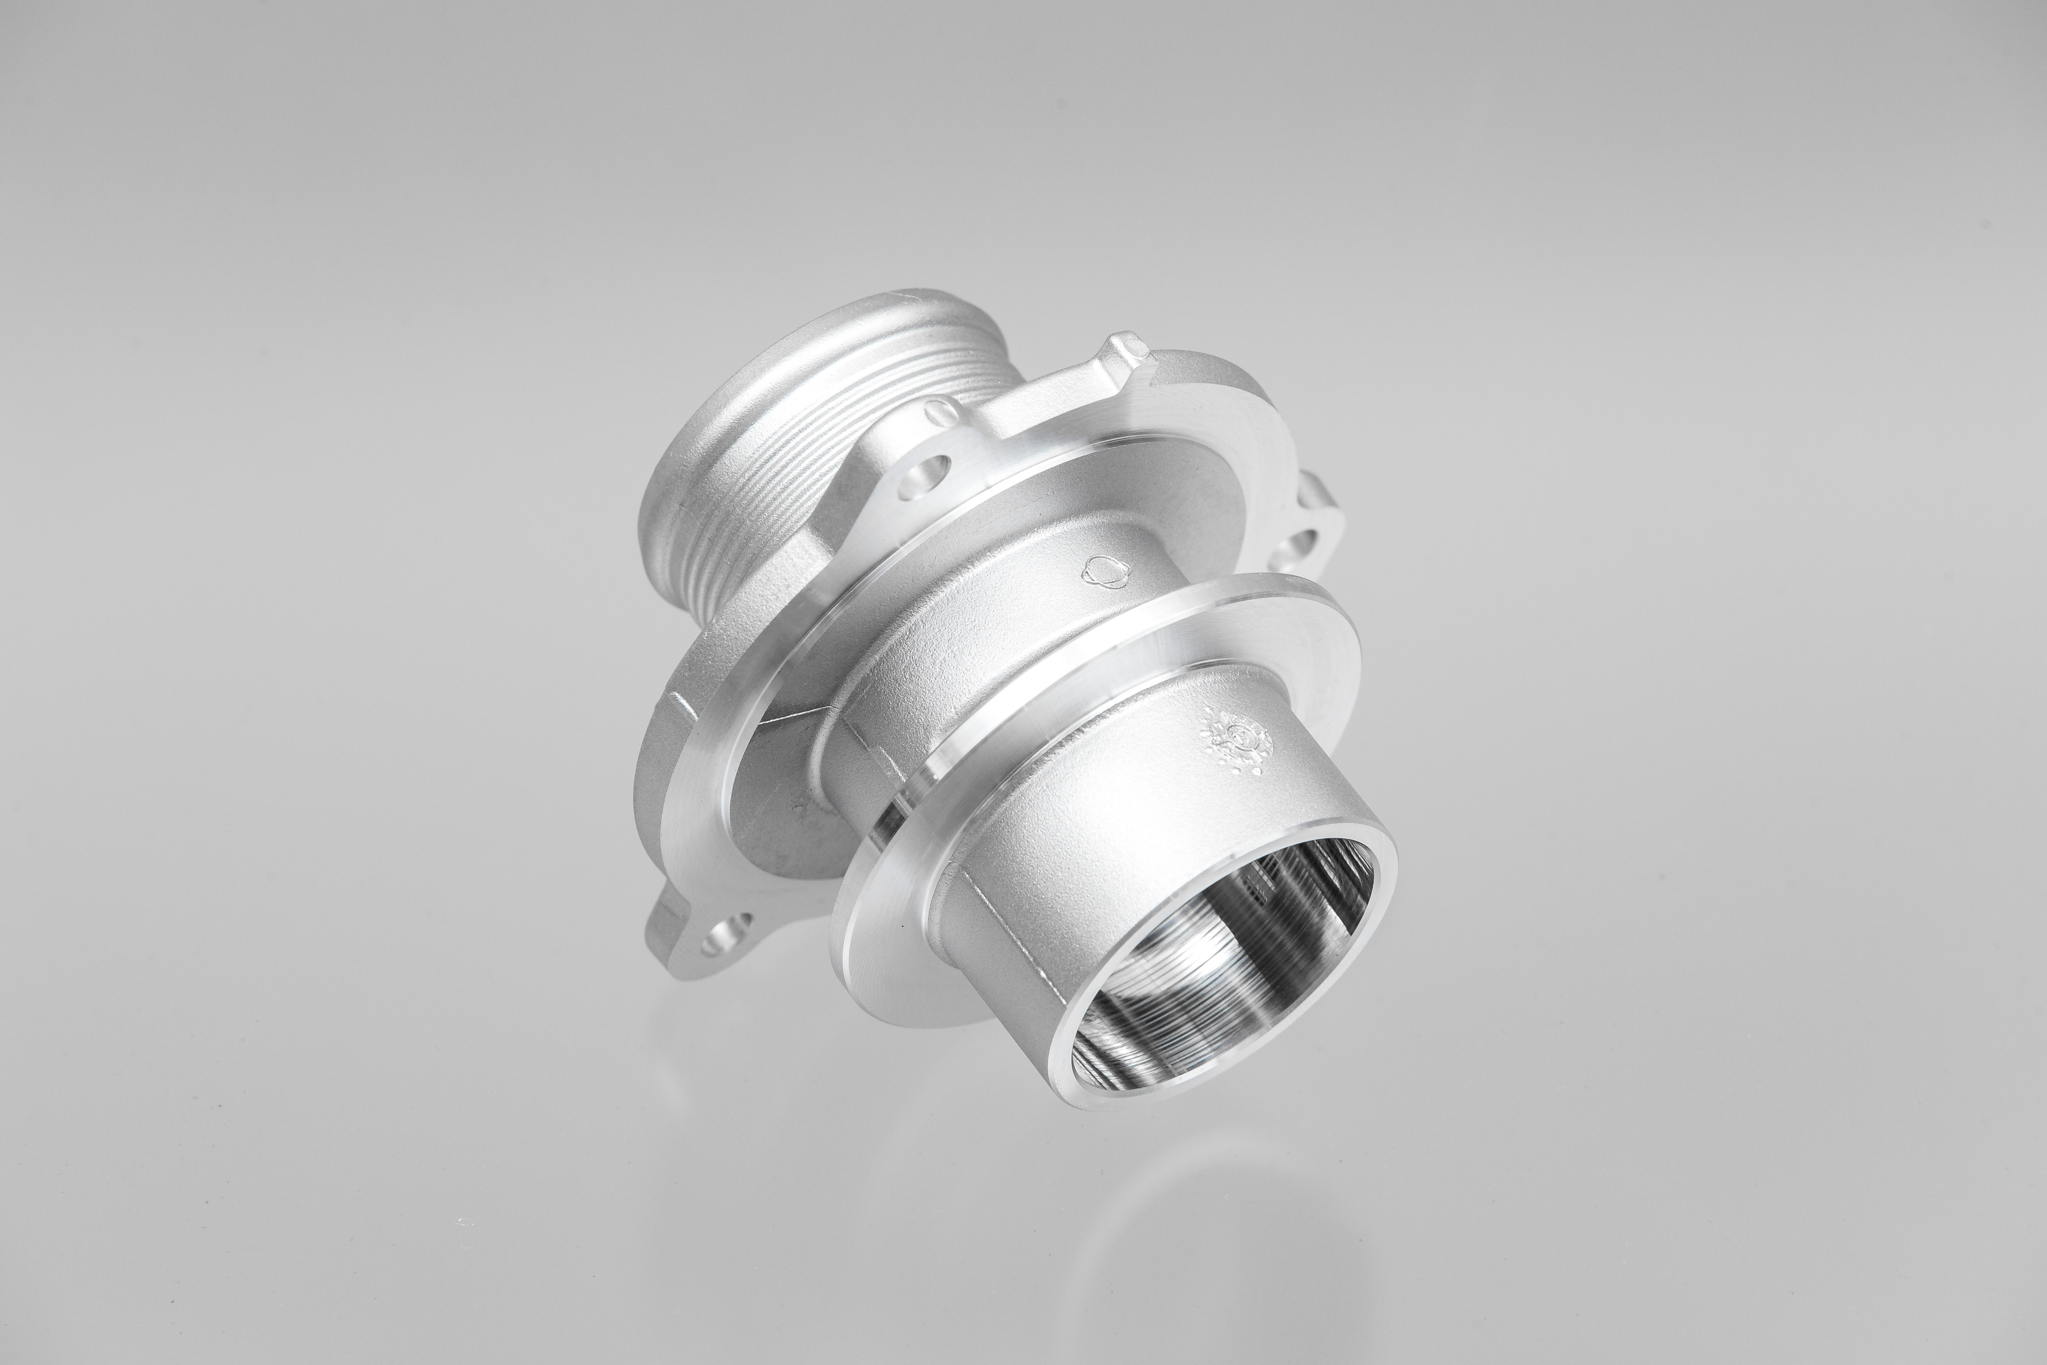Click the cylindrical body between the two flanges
pyautogui.click(x=975, y=627)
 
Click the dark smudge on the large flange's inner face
pyautogui.click(x=796, y=810)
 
